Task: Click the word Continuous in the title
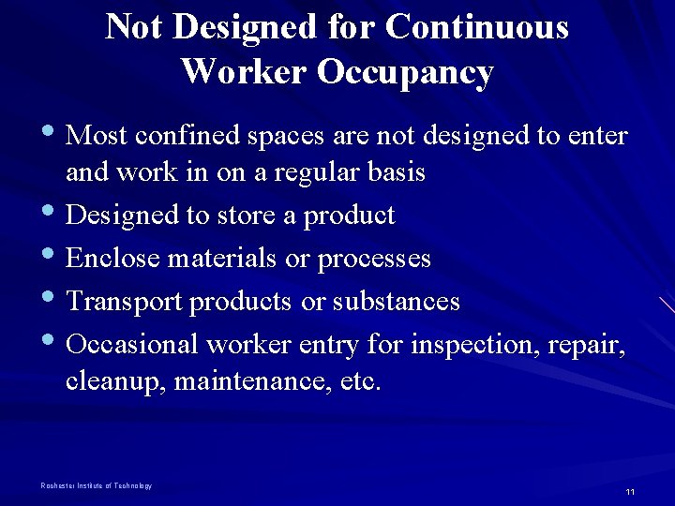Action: coord(476,27)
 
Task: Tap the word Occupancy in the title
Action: coord(405,72)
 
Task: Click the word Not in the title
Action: coord(133,27)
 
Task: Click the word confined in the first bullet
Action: coord(187,137)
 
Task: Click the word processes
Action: coord(374,260)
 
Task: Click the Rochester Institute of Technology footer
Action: coord(96,485)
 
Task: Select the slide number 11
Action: coord(630,492)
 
